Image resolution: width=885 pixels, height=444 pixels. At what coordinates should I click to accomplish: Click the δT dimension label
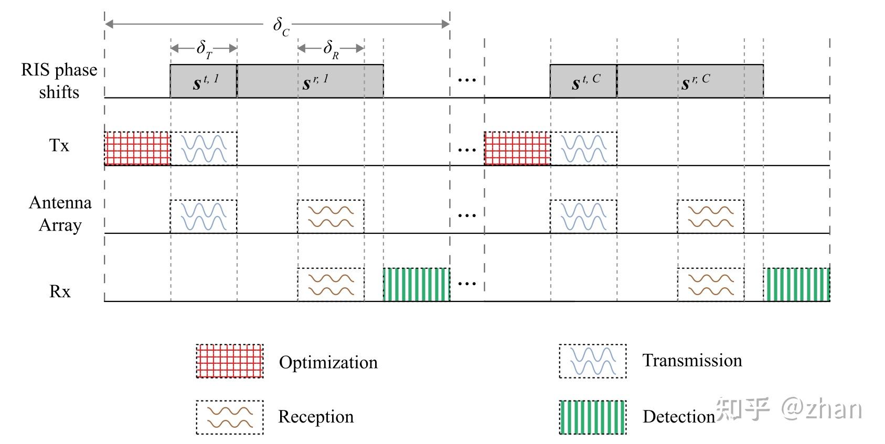click(204, 49)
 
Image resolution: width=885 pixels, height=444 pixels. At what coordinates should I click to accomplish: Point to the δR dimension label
click(331, 49)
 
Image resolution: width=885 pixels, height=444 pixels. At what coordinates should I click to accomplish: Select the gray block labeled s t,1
click(204, 81)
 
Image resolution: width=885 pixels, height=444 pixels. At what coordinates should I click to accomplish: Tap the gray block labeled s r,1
click(310, 81)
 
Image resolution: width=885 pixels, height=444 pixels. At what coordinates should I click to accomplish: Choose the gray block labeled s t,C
click(583, 81)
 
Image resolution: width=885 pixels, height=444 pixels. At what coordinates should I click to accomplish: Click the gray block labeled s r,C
click(690, 81)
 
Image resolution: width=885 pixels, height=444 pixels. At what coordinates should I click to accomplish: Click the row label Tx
click(59, 146)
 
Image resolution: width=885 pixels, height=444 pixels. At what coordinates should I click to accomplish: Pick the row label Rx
click(60, 291)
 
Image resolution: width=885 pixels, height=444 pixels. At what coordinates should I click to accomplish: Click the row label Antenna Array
click(60, 214)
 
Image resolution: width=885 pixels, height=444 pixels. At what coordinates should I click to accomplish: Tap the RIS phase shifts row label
click(59, 81)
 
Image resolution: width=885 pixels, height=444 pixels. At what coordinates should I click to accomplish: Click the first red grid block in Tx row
click(137, 148)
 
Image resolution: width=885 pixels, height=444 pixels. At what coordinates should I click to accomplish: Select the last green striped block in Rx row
click(796, 285)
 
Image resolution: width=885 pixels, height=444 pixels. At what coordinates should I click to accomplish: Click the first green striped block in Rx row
click(417, 285)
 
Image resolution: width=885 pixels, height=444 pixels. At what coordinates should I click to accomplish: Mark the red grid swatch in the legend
click(230, 361)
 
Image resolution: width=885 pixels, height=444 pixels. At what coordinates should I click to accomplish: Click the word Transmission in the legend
click(692, 361)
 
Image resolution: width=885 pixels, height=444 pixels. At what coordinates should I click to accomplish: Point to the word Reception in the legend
click(316, 417)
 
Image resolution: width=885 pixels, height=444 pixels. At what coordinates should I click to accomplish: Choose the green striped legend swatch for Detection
click(593, 417)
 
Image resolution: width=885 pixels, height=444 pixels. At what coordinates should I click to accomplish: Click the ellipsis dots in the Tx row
click(466, 150)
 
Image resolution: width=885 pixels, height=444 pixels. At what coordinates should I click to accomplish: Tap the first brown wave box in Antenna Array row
click(330, 216)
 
